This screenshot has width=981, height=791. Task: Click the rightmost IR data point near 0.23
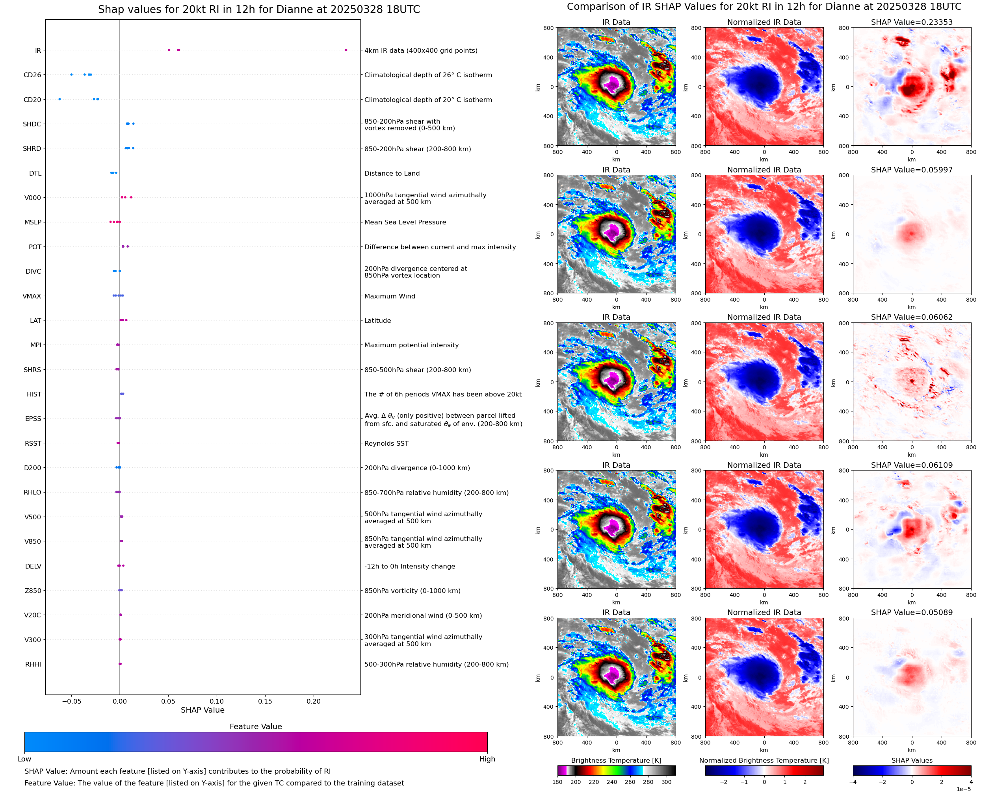346,50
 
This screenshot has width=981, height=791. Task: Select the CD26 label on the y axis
32,75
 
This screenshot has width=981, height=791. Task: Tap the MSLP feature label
33,222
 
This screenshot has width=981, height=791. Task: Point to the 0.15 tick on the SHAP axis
265,701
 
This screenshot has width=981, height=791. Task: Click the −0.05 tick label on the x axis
71,701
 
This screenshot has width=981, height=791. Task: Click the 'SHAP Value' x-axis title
203,710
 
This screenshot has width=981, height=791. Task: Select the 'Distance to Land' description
392,174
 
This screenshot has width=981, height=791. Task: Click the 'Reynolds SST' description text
386,443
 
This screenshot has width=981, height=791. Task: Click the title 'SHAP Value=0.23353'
912,22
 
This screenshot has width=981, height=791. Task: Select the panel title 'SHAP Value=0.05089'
912,612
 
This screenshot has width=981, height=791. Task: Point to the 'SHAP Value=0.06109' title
912,465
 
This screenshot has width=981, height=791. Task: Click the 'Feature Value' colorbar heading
256,726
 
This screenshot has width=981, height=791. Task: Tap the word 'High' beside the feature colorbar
487,759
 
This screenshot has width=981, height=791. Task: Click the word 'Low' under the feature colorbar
24,759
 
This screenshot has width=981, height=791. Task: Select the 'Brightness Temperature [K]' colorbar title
616,760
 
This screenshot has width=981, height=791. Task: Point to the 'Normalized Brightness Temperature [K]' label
764,760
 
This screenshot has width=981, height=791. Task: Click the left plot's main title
259,9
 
